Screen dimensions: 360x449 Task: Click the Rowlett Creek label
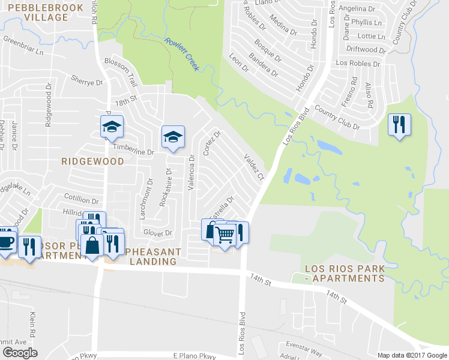[x=182, y=53]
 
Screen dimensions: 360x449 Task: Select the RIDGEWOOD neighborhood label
[x=92, y=161]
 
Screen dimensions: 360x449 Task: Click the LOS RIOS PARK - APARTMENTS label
[x=344, y=274]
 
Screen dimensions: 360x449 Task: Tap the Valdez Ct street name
[x=253, y=167]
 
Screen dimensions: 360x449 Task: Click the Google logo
[x=19, y=353]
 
